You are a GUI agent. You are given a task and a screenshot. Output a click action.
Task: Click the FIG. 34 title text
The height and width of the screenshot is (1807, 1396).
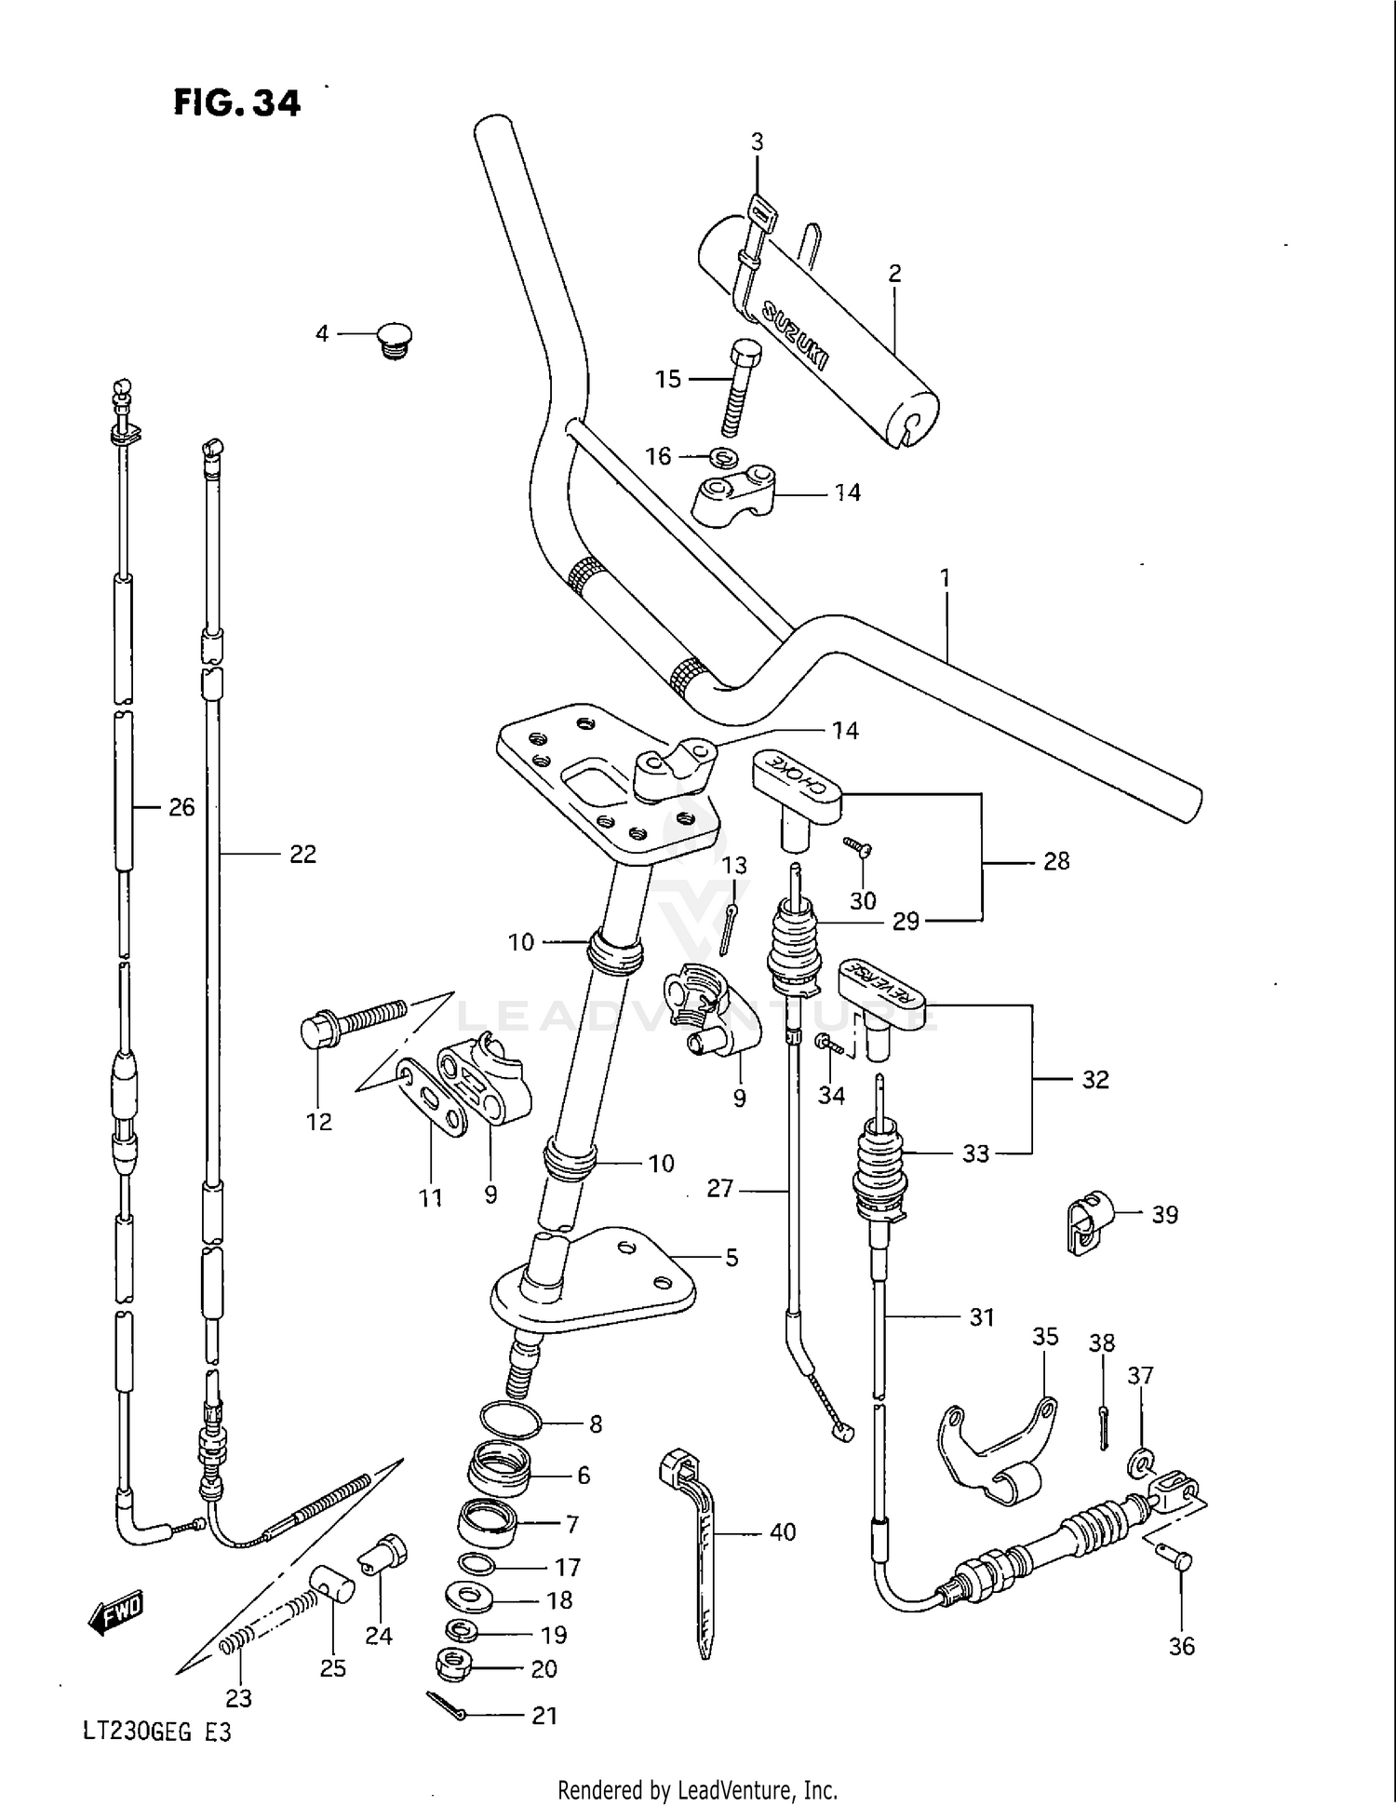coord(236,102)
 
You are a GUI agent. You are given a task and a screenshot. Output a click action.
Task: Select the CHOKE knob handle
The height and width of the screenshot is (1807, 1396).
coord(796,780)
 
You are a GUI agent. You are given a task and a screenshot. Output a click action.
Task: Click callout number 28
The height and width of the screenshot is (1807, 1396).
coord(1055,861)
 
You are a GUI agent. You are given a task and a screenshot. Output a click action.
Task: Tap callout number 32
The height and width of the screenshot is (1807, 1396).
coord(1094,1079)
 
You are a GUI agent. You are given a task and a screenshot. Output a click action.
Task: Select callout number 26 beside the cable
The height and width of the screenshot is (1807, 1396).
coord(181,807)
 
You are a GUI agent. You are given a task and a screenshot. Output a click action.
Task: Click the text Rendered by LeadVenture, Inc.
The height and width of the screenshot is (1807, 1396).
coord(697,1788)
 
